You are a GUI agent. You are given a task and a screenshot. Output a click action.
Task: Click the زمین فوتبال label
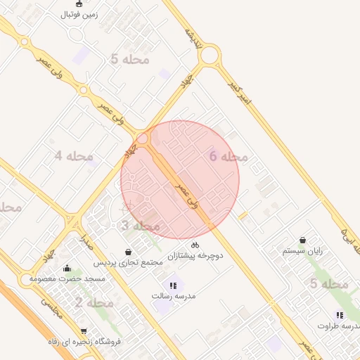coord(78,14)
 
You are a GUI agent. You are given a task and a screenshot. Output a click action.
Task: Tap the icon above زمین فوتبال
coord(79,4)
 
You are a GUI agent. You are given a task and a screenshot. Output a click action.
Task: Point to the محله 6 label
coord(229,156)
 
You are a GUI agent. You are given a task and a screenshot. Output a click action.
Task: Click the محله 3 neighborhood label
coord(141,226)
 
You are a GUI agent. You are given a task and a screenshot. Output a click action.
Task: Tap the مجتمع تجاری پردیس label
coord(128,262)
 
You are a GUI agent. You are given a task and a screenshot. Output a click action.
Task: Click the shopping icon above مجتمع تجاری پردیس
coord(128,252)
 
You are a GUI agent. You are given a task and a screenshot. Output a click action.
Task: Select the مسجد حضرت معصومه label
coord(67,278)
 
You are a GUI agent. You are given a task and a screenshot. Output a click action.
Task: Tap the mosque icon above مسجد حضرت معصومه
coord(67,268)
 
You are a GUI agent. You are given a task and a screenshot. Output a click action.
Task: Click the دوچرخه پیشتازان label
coord(195,256)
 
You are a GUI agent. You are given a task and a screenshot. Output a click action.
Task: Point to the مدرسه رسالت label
coord(174,296)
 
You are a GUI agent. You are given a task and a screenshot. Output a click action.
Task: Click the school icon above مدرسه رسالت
coord(173,285)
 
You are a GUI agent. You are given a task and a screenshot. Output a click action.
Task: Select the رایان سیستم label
coord(302,250)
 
